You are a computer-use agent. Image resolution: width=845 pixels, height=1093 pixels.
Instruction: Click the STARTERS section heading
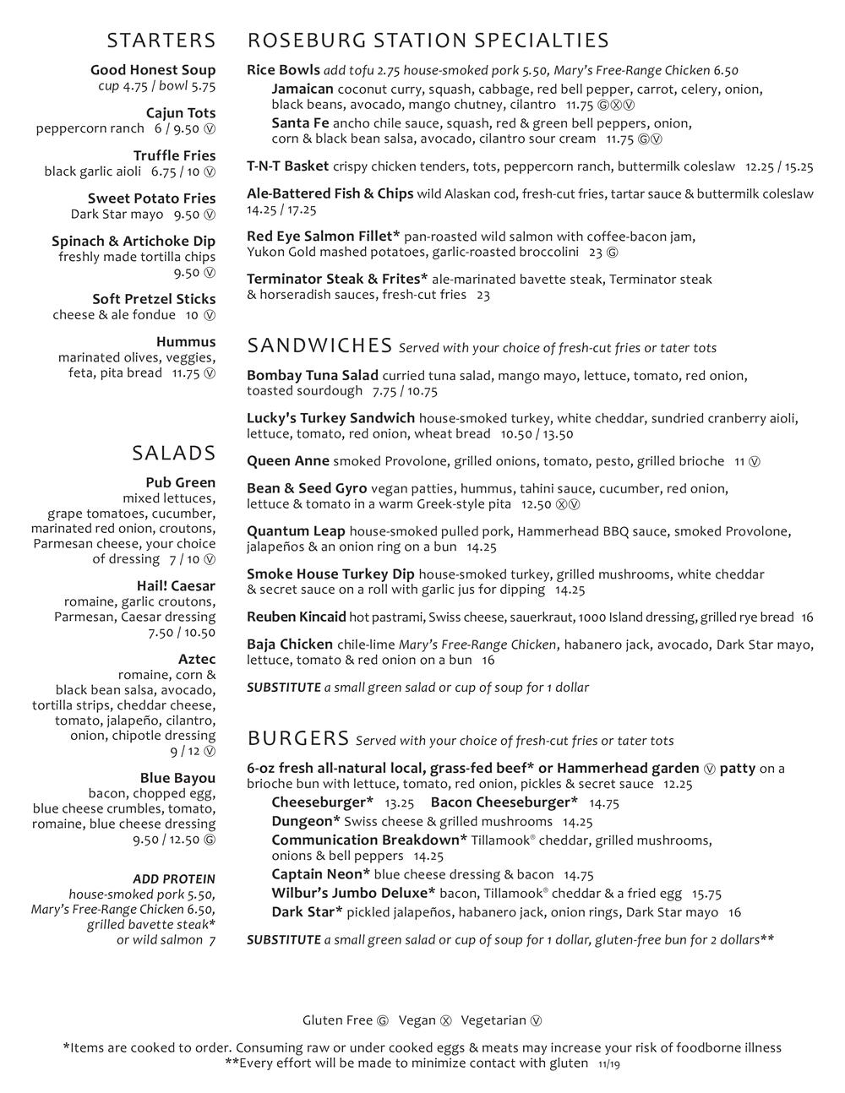click(161, 41)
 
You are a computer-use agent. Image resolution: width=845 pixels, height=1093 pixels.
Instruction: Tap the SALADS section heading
click(174, 454)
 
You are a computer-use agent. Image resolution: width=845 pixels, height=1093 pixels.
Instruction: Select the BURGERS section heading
click(298, 739)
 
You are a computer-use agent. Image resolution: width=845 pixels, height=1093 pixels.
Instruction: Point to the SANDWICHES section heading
click(319, 345)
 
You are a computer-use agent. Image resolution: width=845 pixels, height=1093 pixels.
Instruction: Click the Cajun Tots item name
click(180, 113)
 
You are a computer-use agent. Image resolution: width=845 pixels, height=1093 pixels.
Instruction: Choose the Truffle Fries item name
click(174, 155)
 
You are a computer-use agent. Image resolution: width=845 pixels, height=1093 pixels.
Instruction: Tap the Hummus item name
click(185, 342)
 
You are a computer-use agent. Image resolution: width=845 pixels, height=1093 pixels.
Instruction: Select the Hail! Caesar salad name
click(176, 586)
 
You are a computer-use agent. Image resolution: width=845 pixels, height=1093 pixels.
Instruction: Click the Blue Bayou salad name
click(177, 778)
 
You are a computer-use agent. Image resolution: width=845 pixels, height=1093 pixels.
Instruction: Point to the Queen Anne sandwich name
click(287, 461)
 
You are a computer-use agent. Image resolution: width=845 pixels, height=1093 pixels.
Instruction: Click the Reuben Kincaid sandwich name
click(296, 617)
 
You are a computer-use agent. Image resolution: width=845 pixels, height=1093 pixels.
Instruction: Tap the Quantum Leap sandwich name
click(296, 531)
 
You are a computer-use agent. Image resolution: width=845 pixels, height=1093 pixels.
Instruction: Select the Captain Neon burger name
click(320, 875)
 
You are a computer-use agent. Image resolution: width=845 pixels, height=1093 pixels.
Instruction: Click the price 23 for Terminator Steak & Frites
click(482, 295)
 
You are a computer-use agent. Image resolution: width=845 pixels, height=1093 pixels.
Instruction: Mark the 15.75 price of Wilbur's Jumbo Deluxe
click(706, 894)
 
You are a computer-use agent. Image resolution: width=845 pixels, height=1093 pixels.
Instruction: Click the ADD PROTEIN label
click(173, 879)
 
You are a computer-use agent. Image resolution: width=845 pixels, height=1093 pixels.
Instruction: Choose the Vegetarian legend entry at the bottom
click(501, 1020)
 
